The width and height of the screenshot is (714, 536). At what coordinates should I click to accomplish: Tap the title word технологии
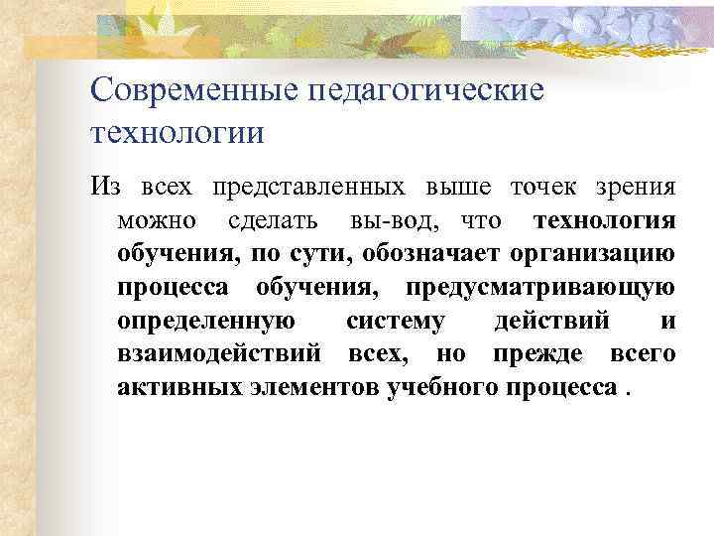tap(178, 132)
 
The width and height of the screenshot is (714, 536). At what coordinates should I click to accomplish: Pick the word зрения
tap(636, 187)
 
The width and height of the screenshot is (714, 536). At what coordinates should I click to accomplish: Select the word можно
tap(156, 219)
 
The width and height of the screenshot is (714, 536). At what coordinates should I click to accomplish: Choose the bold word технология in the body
tap(605, 219)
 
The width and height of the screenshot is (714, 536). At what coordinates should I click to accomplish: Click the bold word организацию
tap(594, 253)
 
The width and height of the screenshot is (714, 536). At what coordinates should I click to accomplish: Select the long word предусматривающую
tap(540, 287)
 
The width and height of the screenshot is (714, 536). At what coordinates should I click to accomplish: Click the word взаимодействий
tap(219, 353)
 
